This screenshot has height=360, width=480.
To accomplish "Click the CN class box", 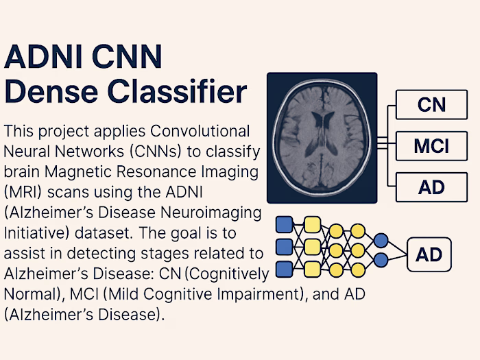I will pyautogui.click(x=431, y=105).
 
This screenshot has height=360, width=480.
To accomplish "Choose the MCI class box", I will pyautogui.click(x=431, y=145).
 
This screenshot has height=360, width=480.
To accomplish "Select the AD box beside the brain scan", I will pyautogui.click(x=431, y=186).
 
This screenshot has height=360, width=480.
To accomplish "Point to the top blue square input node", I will pyautogui.click(x=284, y=224).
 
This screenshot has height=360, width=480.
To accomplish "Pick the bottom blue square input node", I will pyautogui.click(x=284, y=269).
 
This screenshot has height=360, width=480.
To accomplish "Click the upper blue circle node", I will pyautogui.click(x=382, y=241).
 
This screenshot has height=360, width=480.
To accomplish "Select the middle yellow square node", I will pyautogui.click(x=312, y=246).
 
